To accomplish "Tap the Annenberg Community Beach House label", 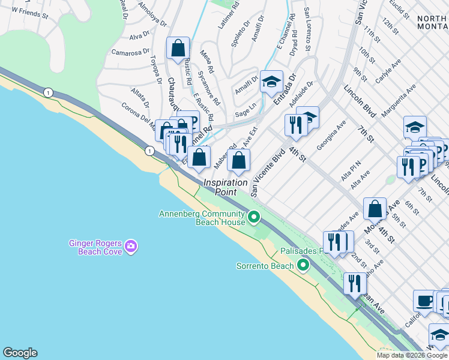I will click(x=202, y=218).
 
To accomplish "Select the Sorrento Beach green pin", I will click(x=304, y=265).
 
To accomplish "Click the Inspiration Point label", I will click(x=225, y=187).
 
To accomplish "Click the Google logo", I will click(x=20, y=353).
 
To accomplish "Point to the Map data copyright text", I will click(x=412, y=355).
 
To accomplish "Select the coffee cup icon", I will click(x=424, y=301).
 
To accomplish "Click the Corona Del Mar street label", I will click(x=139, y=113).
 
